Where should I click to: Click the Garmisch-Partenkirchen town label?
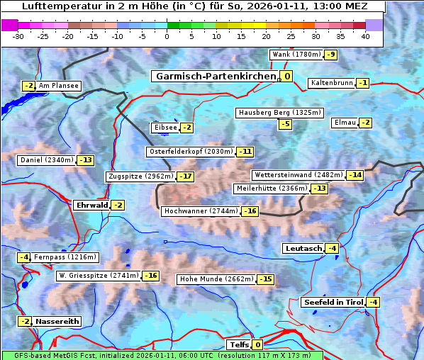point(215,77)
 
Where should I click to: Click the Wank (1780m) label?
point(296,55)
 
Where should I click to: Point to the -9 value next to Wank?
point(331,55)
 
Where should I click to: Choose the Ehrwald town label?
point(91,206)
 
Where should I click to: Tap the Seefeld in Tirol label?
point(333,303)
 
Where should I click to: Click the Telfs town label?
point(239,345)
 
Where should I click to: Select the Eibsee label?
point(165,128)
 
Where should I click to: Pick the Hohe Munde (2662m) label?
point(216,279)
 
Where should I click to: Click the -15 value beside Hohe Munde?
point(265,279)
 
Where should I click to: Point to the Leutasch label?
point(303,249)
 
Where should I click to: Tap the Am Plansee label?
point(58,86)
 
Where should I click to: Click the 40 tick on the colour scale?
point(365,36)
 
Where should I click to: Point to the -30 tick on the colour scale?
point(18,36)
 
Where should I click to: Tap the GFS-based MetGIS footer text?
point(162,355)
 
